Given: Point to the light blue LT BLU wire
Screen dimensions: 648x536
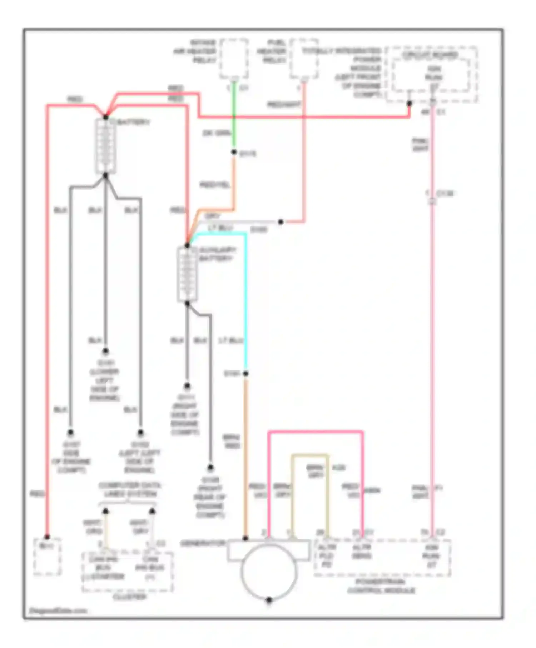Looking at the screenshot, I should tap(246, 304).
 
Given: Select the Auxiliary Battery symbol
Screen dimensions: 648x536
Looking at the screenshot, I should tap(187, 274).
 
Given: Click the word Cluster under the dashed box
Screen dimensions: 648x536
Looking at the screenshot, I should tap(129, 597).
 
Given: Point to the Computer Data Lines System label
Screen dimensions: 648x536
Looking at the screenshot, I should tap(129, 490).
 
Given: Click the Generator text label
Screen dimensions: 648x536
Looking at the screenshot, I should tap(203, 543).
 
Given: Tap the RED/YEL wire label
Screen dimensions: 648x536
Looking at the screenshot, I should tap(214, 185).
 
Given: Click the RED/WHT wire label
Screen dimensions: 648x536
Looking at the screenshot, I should tap(284, 104).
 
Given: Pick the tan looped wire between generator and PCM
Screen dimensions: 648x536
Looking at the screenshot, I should tap(310, 456).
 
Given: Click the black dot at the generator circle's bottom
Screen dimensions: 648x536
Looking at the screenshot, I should tap(269, 600).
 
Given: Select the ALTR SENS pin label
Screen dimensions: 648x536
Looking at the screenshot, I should tap(362, 552).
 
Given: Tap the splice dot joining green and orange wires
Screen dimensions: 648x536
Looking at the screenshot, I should tap(234, 152).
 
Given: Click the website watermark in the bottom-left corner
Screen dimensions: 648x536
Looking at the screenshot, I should tap(58, 610).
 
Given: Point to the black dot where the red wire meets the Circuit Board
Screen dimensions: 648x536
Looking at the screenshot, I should tap(410, 104).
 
